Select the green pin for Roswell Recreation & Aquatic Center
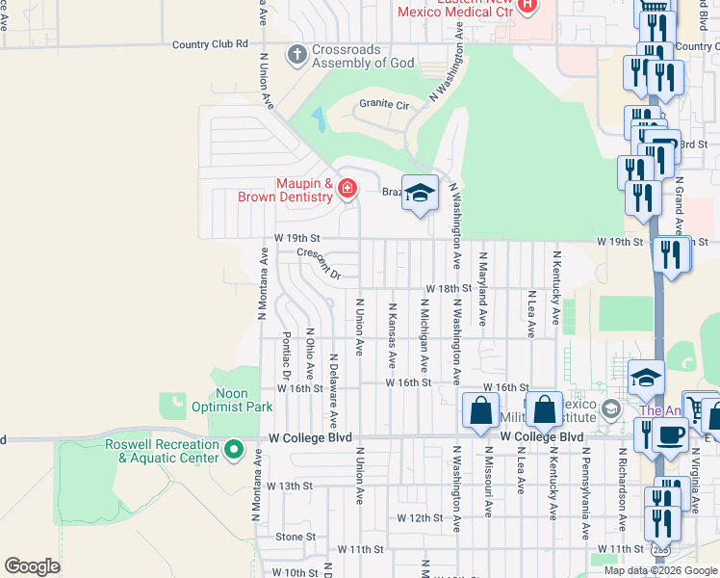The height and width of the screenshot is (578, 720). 233,450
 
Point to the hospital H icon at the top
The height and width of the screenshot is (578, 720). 526,6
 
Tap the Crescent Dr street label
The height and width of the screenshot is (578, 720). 319,262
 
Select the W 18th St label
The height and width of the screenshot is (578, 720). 449,288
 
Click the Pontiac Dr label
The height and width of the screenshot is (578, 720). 287,355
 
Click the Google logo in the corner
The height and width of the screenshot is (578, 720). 32,566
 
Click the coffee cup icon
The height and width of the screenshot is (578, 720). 669,435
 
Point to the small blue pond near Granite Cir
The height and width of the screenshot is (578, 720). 318,120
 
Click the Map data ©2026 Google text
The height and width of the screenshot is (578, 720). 660,570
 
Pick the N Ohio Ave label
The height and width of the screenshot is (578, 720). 310,355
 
